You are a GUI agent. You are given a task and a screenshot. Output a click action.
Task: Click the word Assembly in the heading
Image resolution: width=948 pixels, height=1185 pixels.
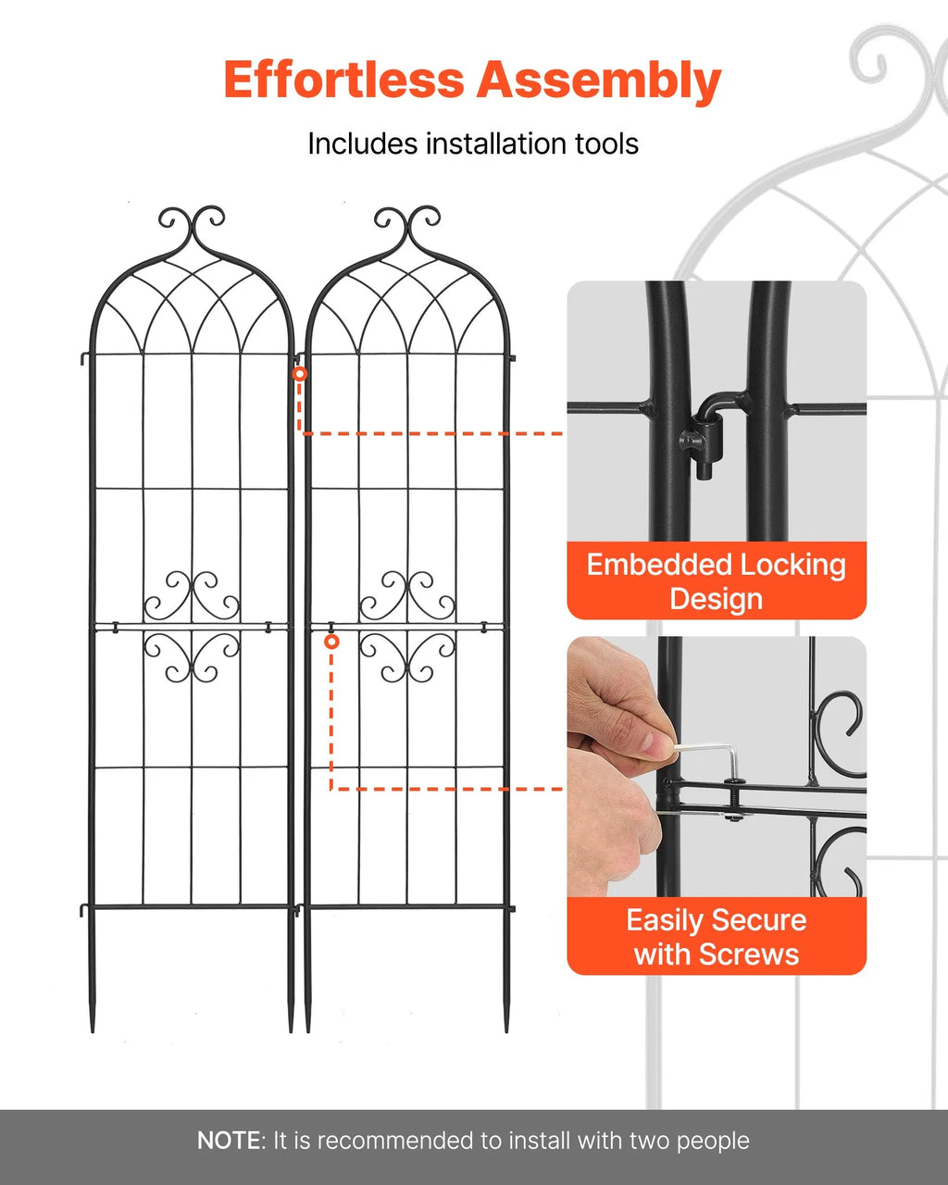tap(599, 81)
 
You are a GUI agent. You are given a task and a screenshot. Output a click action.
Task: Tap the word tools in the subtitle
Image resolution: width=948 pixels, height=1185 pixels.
tap(607, 143)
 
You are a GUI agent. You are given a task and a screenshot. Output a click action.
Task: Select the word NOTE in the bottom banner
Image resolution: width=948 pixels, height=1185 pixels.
tap(231, 1141)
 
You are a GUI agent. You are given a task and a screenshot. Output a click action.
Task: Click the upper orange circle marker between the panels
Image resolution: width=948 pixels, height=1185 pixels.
tap(300, 374)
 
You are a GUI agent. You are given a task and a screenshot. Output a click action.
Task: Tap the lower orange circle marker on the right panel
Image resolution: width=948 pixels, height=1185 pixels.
tap(331, 642)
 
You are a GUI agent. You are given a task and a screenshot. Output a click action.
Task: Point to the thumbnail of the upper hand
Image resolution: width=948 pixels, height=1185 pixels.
tap(658, 742)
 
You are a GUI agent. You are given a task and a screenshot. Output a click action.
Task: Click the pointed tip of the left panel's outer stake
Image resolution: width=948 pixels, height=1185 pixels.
tap(92, 1032)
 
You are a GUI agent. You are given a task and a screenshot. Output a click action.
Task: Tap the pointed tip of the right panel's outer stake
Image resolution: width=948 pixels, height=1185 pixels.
tap(506, 1032)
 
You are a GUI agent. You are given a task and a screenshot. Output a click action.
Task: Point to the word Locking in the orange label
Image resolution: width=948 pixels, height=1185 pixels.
tap(792, 567)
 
